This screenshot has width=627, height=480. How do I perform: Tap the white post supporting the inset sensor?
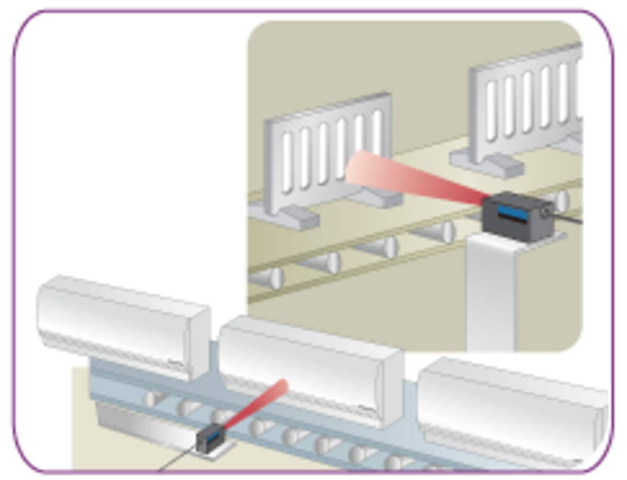pos(491,292)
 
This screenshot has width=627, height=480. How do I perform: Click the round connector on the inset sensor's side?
pos(547,212)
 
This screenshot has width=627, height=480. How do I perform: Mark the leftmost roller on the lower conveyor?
pos(152,400)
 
